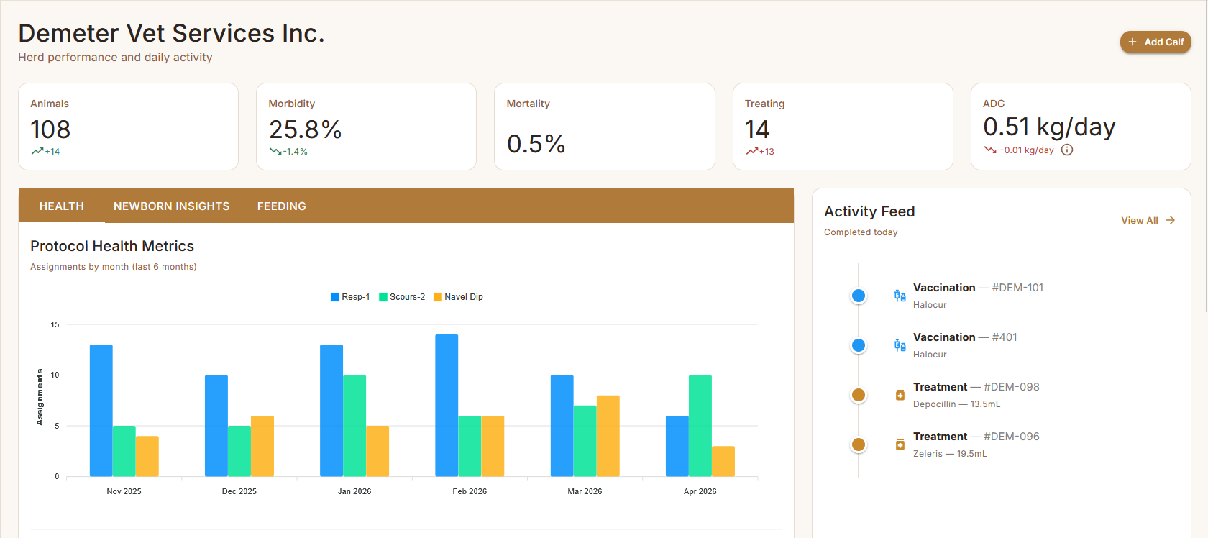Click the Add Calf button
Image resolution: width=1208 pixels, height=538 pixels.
[x=1156, y=42]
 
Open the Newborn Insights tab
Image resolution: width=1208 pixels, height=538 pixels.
[x=171, y=206]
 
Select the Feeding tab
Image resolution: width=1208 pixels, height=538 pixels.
[x=281, y=206]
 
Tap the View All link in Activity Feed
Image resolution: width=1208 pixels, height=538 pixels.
[x=1147, y=220]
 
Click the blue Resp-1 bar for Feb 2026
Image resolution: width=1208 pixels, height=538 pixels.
[x=447, y=405]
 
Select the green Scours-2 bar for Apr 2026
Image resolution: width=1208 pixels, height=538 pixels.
[x=700, y=425]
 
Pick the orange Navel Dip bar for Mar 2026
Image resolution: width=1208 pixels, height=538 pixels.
[x=608, y=436]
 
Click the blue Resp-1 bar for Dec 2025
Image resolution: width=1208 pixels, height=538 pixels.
[x=216, y=425]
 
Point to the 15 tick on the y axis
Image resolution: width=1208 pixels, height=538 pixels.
[x=55, y=324]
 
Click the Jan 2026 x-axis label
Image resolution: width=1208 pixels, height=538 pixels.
[x=354, y=491]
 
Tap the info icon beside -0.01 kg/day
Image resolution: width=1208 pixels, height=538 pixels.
[x=1067, y=150]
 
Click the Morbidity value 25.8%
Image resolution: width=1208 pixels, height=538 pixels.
[x=305, y=129]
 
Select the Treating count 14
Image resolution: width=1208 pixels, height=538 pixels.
[x=757, y=129]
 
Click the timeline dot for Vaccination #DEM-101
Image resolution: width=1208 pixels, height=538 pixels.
[x=859, y=296]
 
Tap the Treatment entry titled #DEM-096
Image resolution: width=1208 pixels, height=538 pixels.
[x=976, y=437]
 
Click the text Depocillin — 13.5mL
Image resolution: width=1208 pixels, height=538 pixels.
[x=956, y=404]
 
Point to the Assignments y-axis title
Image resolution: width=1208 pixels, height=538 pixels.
[x=40, y=397]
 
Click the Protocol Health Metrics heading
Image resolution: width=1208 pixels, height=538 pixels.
[x=112, y=246]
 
